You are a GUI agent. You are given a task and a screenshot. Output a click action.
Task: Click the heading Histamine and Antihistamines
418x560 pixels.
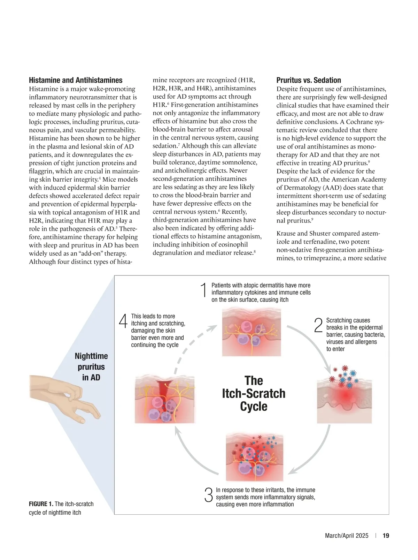(76, 80)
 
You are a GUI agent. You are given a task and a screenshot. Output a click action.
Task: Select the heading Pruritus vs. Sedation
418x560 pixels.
(309, 80)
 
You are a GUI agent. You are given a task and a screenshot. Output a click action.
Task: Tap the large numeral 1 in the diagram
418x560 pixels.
(204, 290)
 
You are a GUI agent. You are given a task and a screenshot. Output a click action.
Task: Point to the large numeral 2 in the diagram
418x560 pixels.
(318, 325)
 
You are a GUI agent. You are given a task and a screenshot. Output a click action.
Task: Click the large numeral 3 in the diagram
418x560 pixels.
(209, 495)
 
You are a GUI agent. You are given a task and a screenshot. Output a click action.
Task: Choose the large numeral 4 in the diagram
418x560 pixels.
(123, 321)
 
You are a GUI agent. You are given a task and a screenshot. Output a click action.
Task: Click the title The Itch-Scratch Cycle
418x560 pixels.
(254, 393)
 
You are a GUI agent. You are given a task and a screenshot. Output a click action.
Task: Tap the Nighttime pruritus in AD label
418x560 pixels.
(91, 366)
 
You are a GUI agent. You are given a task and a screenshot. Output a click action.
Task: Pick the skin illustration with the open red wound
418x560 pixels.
(165, 399)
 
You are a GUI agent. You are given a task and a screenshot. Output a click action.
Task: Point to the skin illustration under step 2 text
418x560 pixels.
(344, 398)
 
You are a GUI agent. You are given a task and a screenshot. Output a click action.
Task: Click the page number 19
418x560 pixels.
(386, 536)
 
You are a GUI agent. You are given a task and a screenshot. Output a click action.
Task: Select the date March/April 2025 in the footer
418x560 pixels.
(347, 536)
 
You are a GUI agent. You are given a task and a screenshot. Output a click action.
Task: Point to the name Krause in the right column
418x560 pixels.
(287, 234)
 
